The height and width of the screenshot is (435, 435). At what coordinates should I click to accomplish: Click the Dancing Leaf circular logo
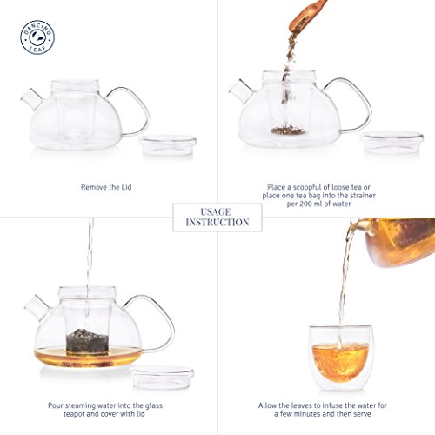coord(37,37)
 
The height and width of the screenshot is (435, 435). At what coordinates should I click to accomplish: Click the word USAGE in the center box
coord(216,212)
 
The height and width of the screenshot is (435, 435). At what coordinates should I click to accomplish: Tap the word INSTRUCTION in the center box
coord(217,223)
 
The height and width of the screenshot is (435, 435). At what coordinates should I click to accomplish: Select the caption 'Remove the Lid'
coord(106,187)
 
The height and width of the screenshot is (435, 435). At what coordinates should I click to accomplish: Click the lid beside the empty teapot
coord(168,145)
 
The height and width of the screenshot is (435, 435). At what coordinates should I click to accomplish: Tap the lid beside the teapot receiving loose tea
coord(391,142)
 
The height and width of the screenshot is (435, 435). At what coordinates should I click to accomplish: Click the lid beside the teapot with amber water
coord(163,377)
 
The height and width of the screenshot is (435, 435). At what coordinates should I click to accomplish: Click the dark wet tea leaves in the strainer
coord(87,341)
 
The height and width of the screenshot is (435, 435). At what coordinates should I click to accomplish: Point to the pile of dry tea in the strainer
coord(289,130)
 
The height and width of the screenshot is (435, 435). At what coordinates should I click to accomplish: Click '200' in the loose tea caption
coord(305,204)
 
